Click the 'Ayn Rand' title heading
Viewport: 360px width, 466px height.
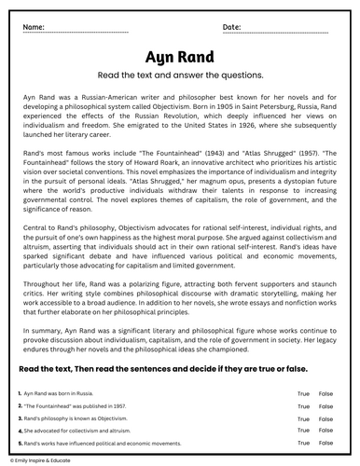click(x=179, y=56)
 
